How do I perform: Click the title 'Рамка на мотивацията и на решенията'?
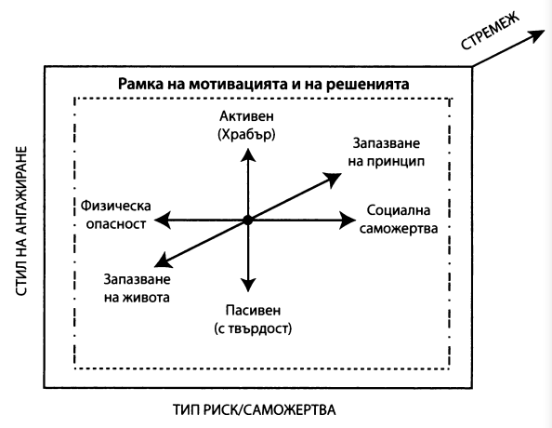[x=263, y=85]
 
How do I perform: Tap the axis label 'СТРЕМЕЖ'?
[x=490, y=31]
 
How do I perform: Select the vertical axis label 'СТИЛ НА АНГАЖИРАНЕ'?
[x=21, y=221]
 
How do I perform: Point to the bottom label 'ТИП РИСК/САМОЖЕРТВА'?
[x=255, y=410]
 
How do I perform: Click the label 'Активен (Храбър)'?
[x=246, y=126]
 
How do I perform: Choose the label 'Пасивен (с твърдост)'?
[x=253, y=319]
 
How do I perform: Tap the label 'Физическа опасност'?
[x=116, y=215]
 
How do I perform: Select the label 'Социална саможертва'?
[x=399, y=220]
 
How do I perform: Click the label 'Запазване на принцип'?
[x=387, y=153]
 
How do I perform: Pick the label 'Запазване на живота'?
[x=137, y=288]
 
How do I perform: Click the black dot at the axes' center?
[x=248, y=220]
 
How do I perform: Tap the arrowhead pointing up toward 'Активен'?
[x=248, y=155]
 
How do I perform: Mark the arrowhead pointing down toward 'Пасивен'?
[x=248, y=285]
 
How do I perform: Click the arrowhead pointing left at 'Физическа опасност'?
[x=163, y=221]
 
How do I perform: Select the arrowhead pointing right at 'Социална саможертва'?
[x=348, y=221]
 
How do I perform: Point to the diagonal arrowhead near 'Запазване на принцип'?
[x=333, y=179]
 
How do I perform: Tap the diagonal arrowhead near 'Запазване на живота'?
[x=164, y=261]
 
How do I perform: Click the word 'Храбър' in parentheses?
[x=246, y=134]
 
